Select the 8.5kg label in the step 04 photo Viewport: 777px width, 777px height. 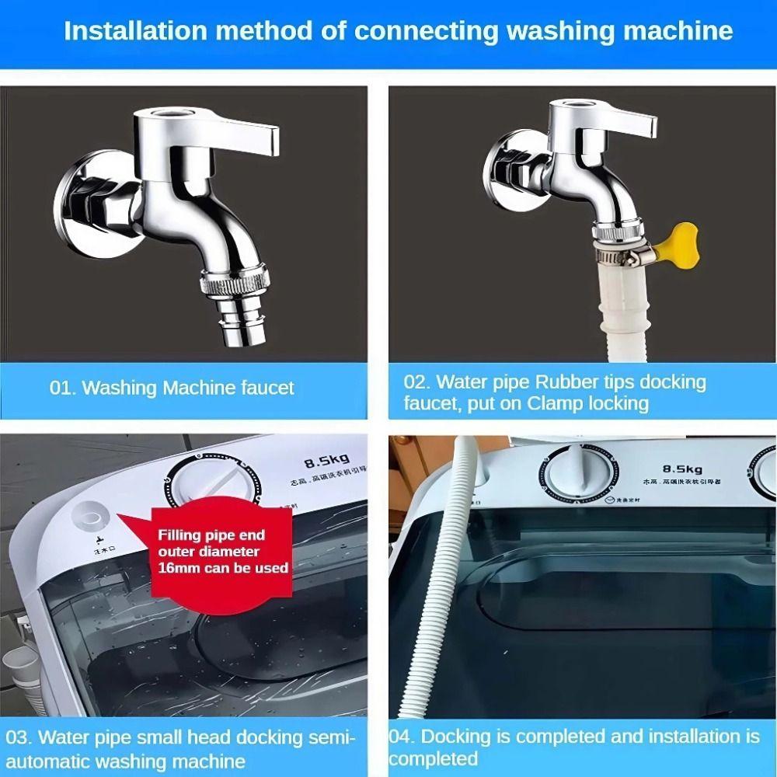coord(682,469)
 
